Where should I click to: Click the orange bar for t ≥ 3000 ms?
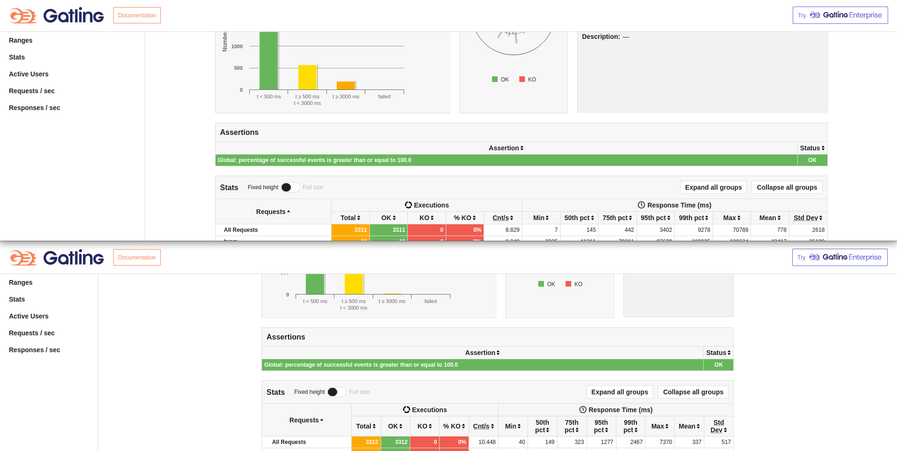pyautogui.click(x=346, y=86)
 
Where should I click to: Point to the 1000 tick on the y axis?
pyautogui.click(x=237, y=46)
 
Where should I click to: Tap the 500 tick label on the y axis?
pyautogui.click(x=239, y=68)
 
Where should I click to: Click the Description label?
pyautogui.click(x=601, y=37)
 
